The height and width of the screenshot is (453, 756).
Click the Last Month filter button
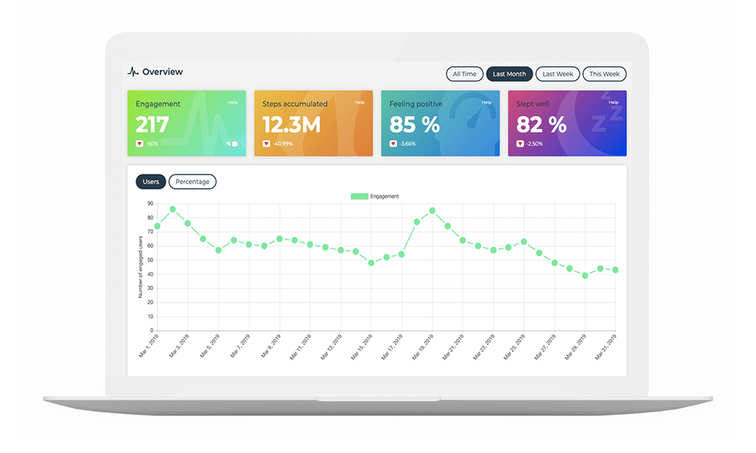pos(509,74)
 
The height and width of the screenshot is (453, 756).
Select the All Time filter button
pos(464,74)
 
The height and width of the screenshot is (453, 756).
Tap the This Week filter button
pos(604,74)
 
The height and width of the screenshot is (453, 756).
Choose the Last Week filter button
pos(558,74)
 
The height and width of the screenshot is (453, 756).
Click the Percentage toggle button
pos(192,182)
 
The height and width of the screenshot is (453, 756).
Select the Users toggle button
pos(150,182)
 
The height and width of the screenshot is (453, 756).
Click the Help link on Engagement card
pos(233,103)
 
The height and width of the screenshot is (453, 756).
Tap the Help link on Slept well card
pos(613,103)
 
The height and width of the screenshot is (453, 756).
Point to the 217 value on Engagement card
pos(152,125)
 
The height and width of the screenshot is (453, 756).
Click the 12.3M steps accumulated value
pos(291,125)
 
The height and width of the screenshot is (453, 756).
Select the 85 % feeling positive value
pos(414,125)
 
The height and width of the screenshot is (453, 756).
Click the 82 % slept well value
pos(541,125)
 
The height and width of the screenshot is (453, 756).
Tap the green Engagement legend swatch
pos(359,196)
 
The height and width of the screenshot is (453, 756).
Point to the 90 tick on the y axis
pos(150,204)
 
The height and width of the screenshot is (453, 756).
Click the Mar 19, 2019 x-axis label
pos(421,347)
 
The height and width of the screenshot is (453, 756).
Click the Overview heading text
pos(163,72)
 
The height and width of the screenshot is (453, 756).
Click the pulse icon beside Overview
pos(133,72)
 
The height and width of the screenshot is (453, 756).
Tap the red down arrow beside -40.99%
pos(266,143)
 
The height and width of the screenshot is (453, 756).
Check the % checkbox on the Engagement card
pos(234,144)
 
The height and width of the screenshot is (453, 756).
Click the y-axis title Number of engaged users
pos(141,267)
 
